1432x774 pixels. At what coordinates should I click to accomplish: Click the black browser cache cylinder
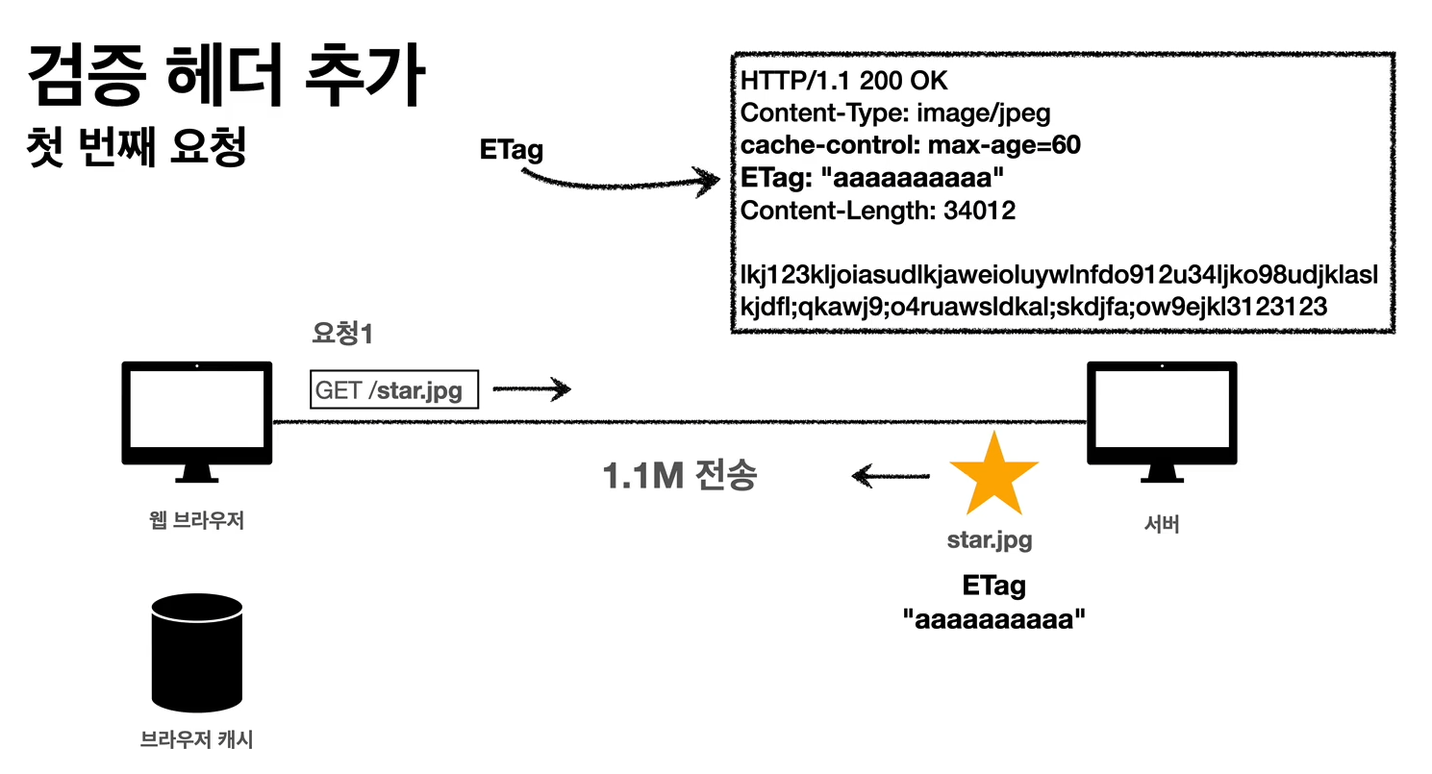click(x=196, y=653)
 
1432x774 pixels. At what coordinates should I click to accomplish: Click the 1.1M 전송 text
click(x=679, y=476)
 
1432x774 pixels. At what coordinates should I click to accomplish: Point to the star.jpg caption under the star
click(x=990, y=540)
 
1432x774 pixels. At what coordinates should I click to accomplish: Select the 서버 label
click(x=1161, y=525)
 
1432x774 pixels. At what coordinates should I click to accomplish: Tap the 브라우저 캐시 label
click(x=196, y=740)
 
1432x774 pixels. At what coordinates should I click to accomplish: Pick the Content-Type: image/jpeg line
click(x=895, y=113)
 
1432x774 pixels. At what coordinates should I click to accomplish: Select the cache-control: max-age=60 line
click(x=911, y=146)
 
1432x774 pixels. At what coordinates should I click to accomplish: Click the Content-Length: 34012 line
click(x=877, y=211)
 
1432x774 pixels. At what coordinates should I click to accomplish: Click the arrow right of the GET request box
click(x=533, y=389)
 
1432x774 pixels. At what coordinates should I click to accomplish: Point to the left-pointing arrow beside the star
click(x=891, y=475)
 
